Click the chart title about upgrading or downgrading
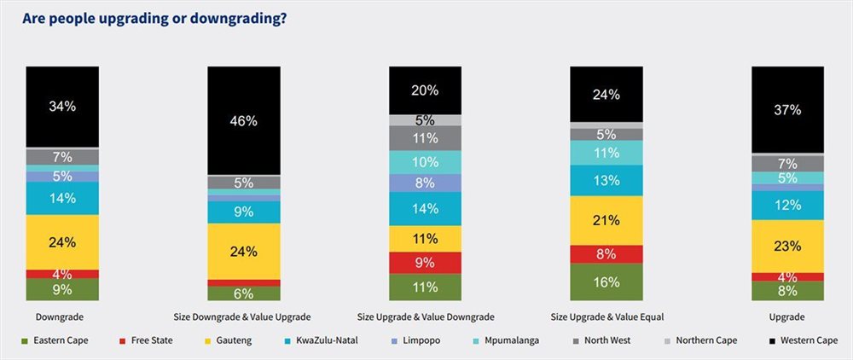point(154,19)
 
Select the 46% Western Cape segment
point(244,120)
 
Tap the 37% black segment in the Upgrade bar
point(787,109)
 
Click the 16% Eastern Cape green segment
point(606,282)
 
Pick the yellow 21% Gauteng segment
point(606,220)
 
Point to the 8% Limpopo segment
point(425,183)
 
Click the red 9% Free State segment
point(425,263)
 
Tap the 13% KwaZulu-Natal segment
point(606,180)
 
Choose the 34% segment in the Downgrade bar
point(62,107)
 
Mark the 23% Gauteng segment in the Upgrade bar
point(787,246)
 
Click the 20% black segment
point(425,90)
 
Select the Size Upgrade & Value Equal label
point(606,316)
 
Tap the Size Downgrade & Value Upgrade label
point(244,316)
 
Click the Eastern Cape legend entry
point(55,341)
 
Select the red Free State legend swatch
point(122,341)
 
